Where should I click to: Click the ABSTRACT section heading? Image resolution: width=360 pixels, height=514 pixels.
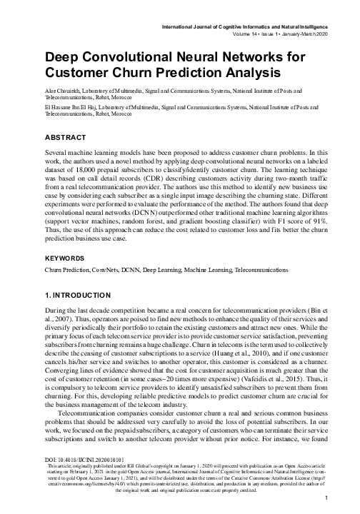click(66, 136)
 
